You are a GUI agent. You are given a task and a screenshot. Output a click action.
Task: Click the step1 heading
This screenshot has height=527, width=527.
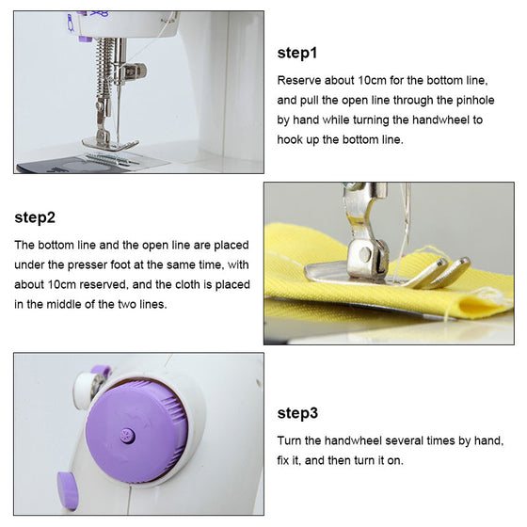click(x=297, y=54)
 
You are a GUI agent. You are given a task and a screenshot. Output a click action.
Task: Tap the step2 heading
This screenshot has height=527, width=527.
click(x=35, y=217)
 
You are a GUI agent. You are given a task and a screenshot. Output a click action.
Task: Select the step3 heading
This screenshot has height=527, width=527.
click(x=297, y=413)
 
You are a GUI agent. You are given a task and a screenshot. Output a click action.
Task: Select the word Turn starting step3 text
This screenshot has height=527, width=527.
click(x=289, y=440)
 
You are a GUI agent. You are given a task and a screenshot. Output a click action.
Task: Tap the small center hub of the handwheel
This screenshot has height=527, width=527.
click(x=128, y=436)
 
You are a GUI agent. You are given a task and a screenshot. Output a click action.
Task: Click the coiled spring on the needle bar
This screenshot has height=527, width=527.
click(x=104, y=67)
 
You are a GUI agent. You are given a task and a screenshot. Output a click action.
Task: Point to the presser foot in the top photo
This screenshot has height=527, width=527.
click(x=109, y=144)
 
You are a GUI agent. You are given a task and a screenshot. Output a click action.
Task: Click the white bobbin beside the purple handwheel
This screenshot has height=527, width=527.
click(x=84, y=390)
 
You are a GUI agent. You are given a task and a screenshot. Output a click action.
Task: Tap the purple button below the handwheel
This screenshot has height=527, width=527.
click(x=67, y=490)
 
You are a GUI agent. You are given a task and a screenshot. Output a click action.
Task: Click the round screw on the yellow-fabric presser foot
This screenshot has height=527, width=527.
click(x=365, y=254)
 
